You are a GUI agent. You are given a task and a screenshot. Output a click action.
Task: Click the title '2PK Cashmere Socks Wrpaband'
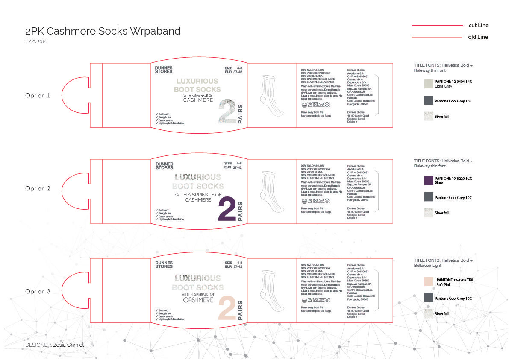point(103,31)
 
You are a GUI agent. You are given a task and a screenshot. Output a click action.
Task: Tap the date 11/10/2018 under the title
point(36,42)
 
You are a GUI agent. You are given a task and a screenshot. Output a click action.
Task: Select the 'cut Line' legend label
point(479,26)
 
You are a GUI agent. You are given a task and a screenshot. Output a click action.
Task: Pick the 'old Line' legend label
point(478,37)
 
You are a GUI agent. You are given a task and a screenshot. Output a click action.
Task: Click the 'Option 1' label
point(38,96)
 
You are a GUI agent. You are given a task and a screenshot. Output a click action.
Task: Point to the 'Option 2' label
point(38,189)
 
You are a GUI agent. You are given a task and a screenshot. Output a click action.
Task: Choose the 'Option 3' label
point(38,292)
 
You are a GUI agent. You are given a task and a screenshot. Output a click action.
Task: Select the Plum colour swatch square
point(429,181)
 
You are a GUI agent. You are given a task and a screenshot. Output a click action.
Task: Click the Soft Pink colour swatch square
point(429,281)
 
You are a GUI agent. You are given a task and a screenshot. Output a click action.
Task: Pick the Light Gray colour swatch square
point(429,83)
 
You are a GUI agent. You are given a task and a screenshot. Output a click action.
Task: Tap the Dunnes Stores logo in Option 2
point(164,166)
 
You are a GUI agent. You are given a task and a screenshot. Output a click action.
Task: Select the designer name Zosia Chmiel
point(72,345)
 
